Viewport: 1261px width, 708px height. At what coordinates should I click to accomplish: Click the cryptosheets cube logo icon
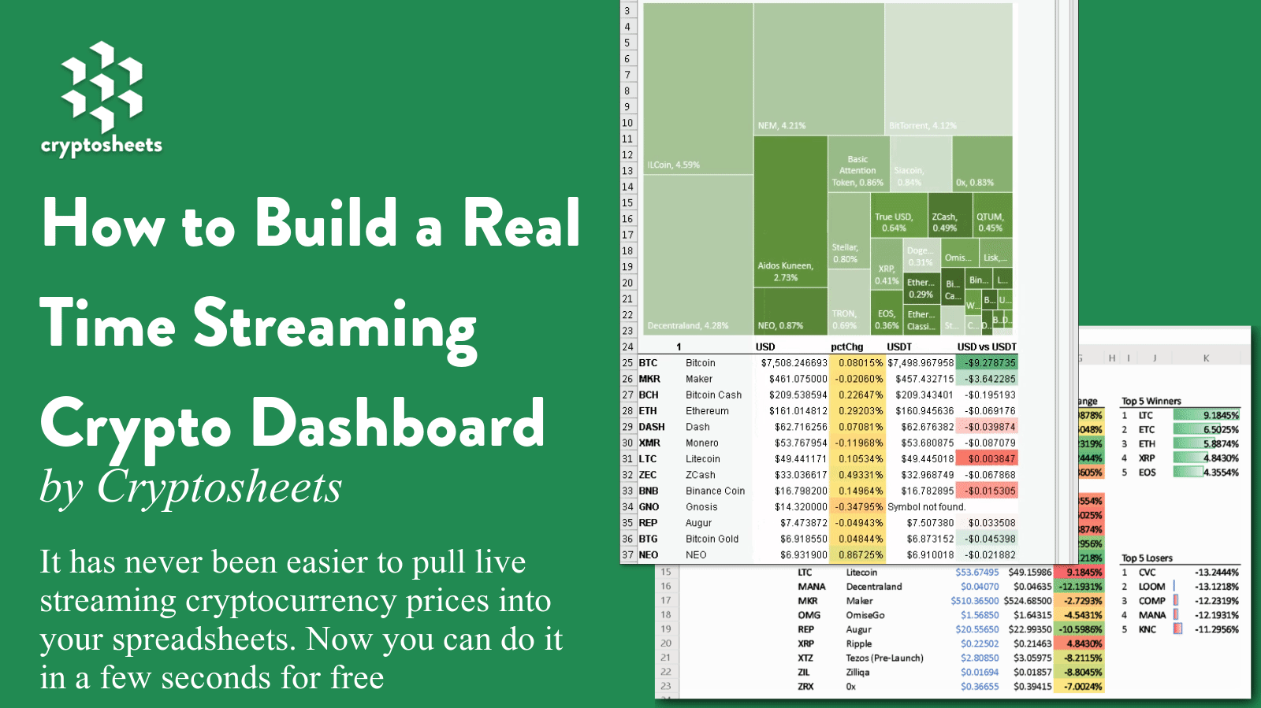102,87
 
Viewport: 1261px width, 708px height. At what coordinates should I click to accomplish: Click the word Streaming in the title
335,324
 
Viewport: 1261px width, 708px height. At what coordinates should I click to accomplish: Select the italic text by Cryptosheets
191,487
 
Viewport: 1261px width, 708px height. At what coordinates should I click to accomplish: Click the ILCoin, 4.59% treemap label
673,165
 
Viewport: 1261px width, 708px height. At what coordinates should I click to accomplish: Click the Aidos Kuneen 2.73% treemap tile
790,236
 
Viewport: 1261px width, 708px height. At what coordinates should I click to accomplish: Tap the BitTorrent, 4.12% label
922,126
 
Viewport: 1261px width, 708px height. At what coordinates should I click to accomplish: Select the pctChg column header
846,347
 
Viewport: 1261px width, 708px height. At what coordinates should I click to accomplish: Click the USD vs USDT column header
986,347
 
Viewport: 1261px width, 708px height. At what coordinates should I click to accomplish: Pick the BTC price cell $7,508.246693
794,363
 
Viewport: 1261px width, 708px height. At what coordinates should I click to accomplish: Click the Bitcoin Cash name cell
713,395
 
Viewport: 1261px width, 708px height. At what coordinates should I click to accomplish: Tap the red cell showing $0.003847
991,459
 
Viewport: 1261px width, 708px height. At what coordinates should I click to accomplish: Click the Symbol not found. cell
926,507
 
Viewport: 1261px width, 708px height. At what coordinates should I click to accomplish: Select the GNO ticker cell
649,507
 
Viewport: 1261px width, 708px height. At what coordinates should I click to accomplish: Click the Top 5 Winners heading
1151,401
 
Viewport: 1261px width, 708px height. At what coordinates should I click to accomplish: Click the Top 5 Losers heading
1147,558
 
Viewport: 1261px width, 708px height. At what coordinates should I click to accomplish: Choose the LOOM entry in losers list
1151,587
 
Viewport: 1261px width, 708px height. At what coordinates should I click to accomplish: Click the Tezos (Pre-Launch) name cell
884,658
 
